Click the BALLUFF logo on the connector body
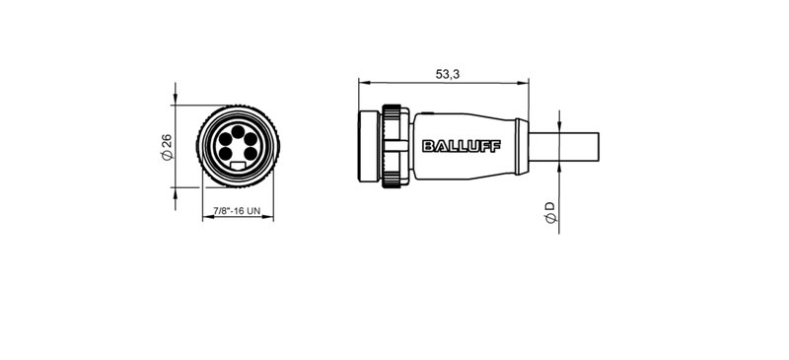(461, 147)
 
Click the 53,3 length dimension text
(447, 73)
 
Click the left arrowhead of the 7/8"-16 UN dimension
(204, 219)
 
